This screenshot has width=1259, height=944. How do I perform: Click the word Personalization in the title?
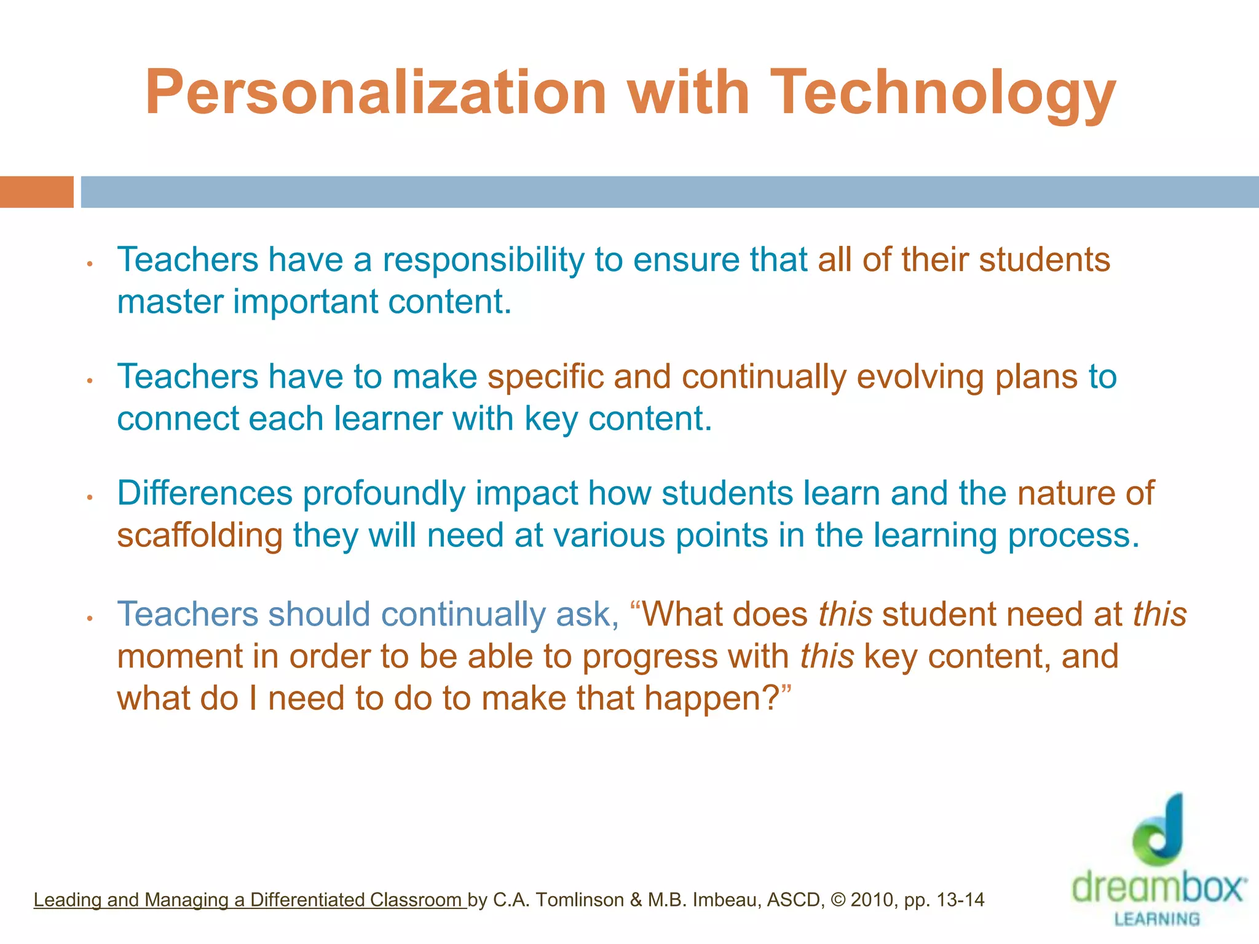[x=376, y=93]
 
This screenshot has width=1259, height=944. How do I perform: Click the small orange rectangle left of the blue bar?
[x=36, y=192]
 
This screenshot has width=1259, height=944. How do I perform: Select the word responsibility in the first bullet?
[x=483, y=261]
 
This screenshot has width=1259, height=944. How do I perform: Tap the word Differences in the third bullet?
[x=205, y=494]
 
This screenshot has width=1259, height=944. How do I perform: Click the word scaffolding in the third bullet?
[x=199, y=536]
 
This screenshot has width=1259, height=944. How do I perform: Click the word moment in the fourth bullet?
[x=180, y=657]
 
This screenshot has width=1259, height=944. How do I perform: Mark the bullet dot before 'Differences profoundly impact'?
[x=90, y=497]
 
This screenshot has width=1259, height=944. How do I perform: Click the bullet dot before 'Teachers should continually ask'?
[x=90, y=618]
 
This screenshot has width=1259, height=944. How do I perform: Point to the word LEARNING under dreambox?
[x=1157, y=919]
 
